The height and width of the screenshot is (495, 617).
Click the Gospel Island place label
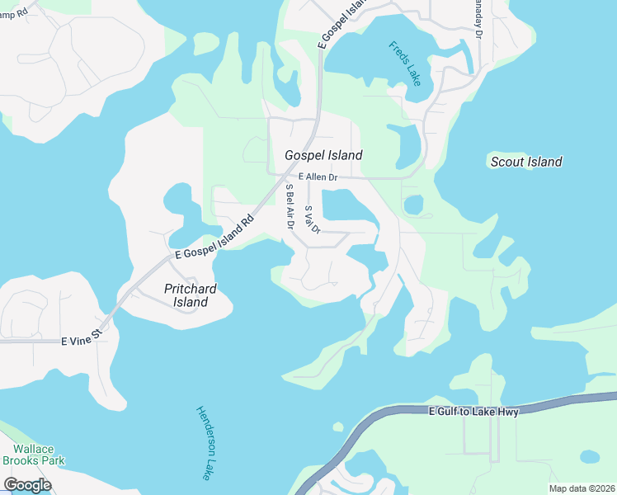(323, 155)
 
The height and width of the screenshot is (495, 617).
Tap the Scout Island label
(526, 162)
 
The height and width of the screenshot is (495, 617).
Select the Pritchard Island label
(186, 295)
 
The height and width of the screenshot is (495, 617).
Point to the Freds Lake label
(405, 63)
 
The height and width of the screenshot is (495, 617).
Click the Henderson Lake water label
(205, 443)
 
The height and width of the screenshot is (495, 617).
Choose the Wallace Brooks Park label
(33, 455)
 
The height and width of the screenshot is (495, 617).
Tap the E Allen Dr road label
(318, 177)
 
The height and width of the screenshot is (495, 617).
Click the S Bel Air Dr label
(290, 205)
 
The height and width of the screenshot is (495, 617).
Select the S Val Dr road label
(311, 219)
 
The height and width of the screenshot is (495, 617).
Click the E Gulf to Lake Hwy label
(474, 412)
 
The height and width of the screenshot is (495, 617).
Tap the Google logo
(27, 485)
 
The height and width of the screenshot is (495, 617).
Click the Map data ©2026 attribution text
(582, 488)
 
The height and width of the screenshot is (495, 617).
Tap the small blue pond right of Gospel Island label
(408, 145)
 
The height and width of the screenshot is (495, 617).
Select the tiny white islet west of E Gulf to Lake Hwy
(337, 427)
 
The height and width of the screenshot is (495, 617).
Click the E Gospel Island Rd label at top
(341, 25)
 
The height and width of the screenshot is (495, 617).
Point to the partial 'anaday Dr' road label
(478, 19)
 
